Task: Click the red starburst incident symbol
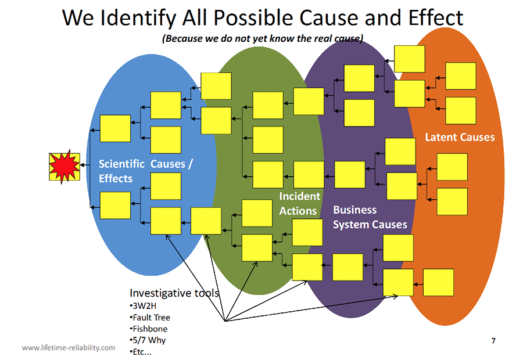(65, 167)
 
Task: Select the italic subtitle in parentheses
(263, 39)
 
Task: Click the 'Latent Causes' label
(460, 137)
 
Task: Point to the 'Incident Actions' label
(299, 203)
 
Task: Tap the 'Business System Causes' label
(370, 217)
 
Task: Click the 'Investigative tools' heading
(174, 293)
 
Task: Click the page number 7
(493, 341)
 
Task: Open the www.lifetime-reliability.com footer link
(69, 347)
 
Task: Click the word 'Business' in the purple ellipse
(355, 210)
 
